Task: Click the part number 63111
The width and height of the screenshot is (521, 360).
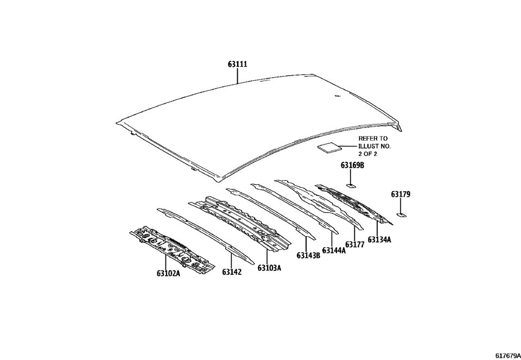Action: [238, 64]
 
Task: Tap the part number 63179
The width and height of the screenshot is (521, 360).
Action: [401, 194]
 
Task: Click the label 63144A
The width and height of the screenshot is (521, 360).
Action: [333, 250]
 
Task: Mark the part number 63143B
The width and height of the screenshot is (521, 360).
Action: [308, 256]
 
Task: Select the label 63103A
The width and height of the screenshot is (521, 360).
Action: [269, 268]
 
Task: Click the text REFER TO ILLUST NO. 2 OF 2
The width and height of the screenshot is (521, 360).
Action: [374, 146]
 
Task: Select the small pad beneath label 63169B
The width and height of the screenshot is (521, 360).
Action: [351, 185]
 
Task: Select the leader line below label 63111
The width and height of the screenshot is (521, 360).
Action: [238, 75]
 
